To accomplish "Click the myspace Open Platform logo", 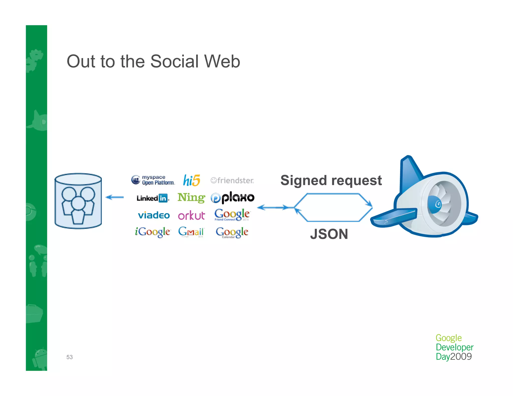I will (153, 180).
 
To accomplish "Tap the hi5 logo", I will (192, 180).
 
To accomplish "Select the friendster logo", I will (232, 180).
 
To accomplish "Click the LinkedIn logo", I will (153, 198).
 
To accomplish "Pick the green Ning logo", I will (191, 197).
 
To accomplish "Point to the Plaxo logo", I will (232, 198).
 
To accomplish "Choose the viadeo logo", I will (154, 215).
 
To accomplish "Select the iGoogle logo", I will (153, 232).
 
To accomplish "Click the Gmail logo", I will (191, 232).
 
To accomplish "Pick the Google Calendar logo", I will (232, 232).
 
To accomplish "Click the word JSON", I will (329, 234).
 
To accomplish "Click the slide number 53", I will (69, 357).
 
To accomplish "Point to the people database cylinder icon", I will (78, 201).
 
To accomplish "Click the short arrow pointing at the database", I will (115, 197).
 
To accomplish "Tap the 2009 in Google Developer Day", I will (461, 356).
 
